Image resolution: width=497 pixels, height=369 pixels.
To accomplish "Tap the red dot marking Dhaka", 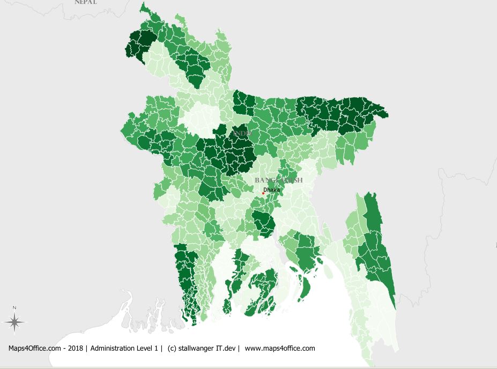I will [x=263, y=193].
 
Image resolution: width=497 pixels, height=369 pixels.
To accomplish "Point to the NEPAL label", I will [x=86, y=2].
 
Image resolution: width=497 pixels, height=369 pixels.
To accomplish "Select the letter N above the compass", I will [x=15, y=307].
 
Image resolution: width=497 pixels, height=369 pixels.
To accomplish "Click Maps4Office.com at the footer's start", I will [x=34, y=348].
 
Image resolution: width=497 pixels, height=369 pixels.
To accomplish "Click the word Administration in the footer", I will [x=114, y=348].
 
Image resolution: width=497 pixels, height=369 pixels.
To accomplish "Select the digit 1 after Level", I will [x=158, y=348].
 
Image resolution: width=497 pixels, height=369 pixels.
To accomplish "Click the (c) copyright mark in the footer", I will [x=172, y=348].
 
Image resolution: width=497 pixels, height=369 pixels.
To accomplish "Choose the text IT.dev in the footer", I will [x=227, y=348].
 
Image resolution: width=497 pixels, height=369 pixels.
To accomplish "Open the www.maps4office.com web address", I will [x=280, y=348].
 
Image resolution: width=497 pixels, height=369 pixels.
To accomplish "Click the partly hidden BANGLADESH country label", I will [x=279, y=180].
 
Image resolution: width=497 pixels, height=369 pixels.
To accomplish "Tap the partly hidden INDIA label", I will [x=242, y=133].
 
